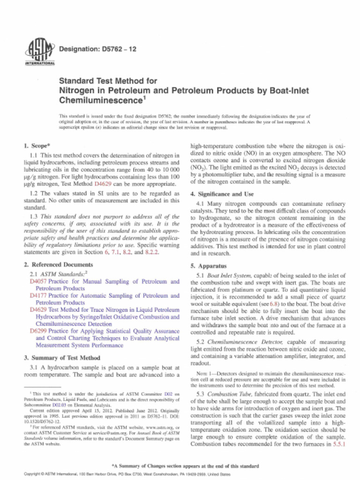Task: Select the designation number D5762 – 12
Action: pyautogui.click(x=96, y=48)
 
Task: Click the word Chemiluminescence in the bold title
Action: pyautogui.click(x=100, y=100)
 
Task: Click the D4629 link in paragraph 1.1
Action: pyautogui.click(x=103, y=184)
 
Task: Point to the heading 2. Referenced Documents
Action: pyautogui.click(x=55, y=264)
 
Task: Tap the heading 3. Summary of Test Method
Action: pyautogui.click(x=59, y=358)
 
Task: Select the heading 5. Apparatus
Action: pyautogui.click(x=208, y=266)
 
